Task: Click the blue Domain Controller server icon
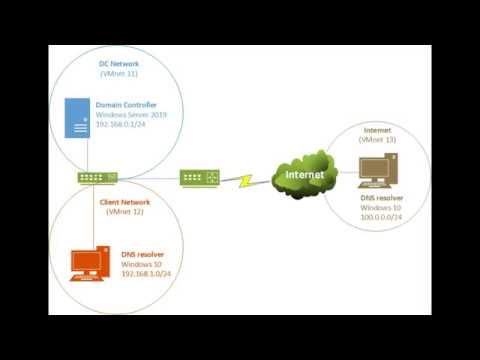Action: (x=76, y=120)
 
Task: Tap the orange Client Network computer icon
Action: (x=89, y=266)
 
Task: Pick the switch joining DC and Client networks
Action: (x=98, y=177)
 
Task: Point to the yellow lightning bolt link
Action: (x=241, y=181)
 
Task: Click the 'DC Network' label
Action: (x=119, y=63)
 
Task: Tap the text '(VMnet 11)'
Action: (x=119, y=74)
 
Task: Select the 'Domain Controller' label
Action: (x=129, y=104)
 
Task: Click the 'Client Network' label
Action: (x=125, y=202)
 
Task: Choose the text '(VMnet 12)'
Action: (x=124, y=213)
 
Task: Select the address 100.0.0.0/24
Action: (x=382, y=216)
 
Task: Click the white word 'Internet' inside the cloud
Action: (x=304, y=175)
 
